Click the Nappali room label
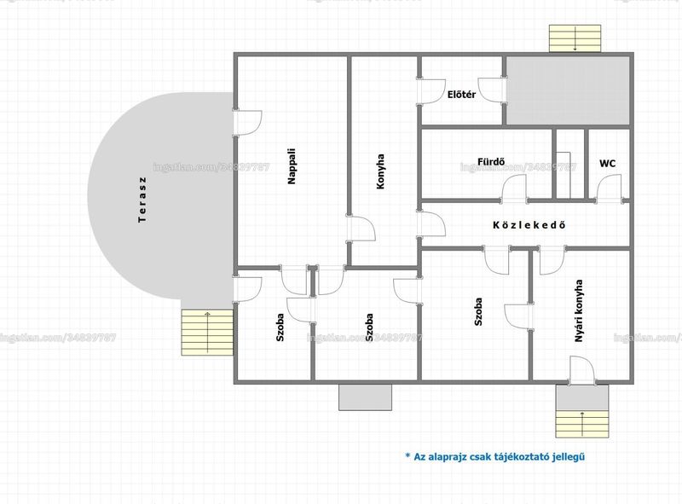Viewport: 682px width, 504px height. pyautogui.click(x=292, y=166)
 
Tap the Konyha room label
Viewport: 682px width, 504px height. pyautogui.click(x=380, y=171)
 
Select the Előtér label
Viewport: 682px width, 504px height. pyautogui.click(x=461, y=95)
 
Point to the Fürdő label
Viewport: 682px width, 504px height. pyautogui.click(x=491, y=162)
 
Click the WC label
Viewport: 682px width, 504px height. pyautogui.click(x=607, y=163)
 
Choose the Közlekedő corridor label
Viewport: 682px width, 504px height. pyautogui.click(x=529, y=224)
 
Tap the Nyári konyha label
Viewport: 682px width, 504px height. pyautogui.click(x=579, y=310)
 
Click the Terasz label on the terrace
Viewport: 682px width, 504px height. pyautogui.click(x=142, y=200)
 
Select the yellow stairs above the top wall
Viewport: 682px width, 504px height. pyautogui.click(x=575, y=38)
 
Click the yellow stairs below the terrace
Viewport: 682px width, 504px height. pyautogui.click(x=207, y=332)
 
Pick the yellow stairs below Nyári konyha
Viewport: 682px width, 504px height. pyautogui.click(x=582, y=424)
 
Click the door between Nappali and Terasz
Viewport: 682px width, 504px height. pyautogui.click(x=247, y=123)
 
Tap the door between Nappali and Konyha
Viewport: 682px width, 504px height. pyautogui.click(x=361, y=228)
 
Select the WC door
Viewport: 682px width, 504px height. pyautogui.click(x=609, y=188)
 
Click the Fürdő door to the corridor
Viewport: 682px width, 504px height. pyautogui.click(x=514, y=188)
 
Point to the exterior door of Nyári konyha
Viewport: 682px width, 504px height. pyautogui.click(x=582, y=370)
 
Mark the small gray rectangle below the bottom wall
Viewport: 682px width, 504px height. pyautogui.click(x=366, y=397)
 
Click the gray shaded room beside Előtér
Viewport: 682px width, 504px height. pyautogui.click(x=568, y=90)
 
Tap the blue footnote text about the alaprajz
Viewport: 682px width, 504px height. pyautogui.click(x=495, y=456)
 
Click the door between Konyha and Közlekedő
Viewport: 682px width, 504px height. pyautogui.click(x=431, y=224)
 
